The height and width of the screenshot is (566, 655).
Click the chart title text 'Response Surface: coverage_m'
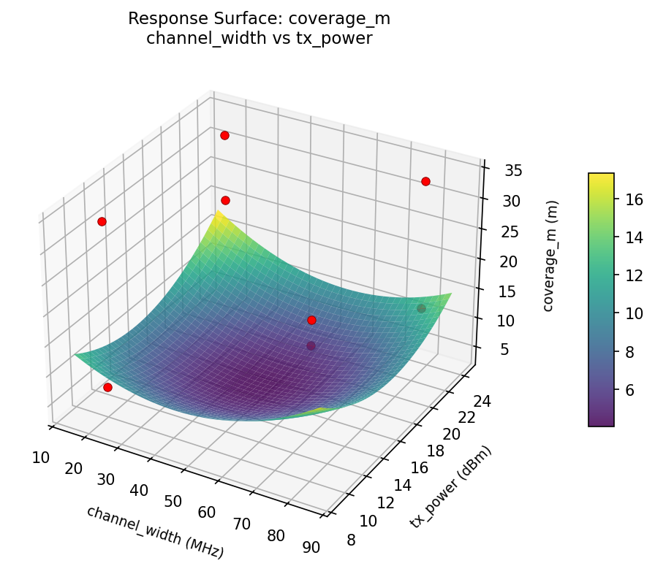[x=260, y=18]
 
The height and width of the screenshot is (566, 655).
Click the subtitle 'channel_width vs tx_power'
[x=260, y=39]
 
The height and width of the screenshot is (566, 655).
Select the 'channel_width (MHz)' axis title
[x=155, y=532]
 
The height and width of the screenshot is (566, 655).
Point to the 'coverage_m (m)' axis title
[x=549, y=256]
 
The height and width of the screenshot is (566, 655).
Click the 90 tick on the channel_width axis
[x=311, y=548]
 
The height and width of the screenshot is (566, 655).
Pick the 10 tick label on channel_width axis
[x=41, y=458]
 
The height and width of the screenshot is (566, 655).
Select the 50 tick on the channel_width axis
[x=173, y=501]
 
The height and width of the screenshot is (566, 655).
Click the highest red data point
[x=224, y=135]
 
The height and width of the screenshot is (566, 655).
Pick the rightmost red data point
[x=425, y=181]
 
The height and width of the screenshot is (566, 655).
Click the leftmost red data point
[x=102, y=221]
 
